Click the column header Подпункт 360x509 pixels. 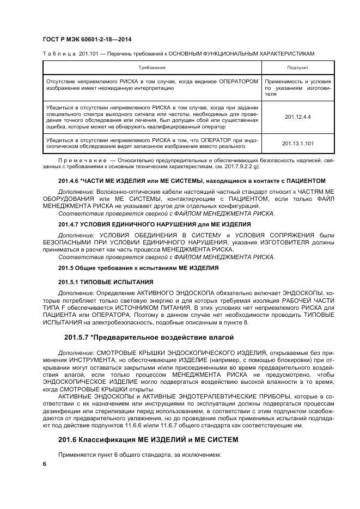pyautogui.click(x=289, y=67)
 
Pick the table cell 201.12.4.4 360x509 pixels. pyautogui.click(x=289, y=116)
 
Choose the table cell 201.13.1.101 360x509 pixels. pyautogui.click(x=289, y=143)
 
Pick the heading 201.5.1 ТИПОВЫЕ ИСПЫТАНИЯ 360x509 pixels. pyautogui.click(x=105, y=282)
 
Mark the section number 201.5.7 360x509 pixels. pyautogui.click(x=78, y=338)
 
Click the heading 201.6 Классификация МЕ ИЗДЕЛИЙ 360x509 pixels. pyautogui.click(x=148, y=439)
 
